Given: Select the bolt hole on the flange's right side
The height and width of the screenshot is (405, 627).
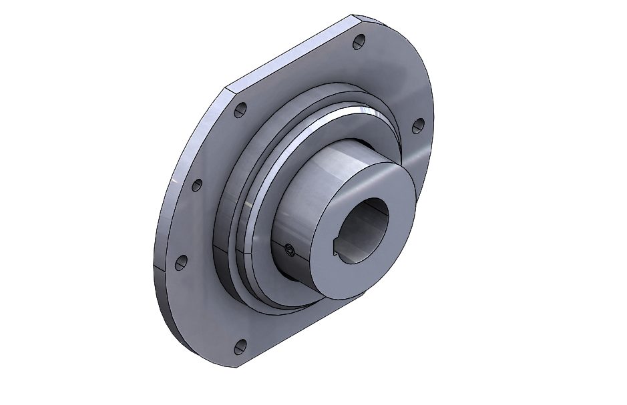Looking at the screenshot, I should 418,125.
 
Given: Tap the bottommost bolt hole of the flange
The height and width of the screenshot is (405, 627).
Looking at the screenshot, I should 240,346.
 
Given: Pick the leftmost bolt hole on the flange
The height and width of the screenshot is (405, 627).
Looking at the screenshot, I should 179,263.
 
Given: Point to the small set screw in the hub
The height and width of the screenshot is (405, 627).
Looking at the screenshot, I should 288,251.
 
